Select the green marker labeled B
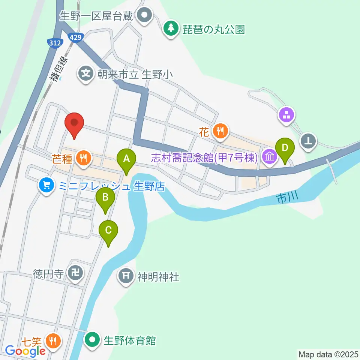pos(105,198)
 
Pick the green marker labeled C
pos(108,231)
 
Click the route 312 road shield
pos(55,43)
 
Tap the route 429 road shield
pos(75,37)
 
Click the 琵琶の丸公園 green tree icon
pos(171,28)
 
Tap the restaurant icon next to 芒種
pos(83,157)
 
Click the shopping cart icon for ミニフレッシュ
pos(46,185)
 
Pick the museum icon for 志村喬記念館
pos(269,157)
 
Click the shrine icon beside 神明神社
pos(126,276)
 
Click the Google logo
pos(25,351)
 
